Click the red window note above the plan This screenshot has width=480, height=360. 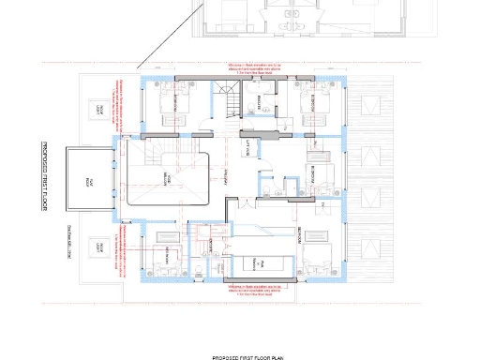click(x=252, y=68)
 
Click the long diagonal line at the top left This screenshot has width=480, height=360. click(x=169, y=33)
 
